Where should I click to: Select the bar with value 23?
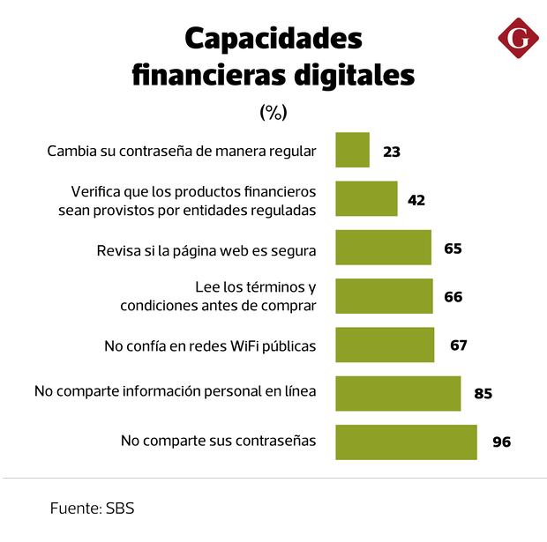pyautogui.click(x=352, y=151)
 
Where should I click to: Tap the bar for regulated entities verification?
pyautogui.click(x=366, y=199)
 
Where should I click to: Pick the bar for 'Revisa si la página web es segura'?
pyautogui.click(x=383, y=248)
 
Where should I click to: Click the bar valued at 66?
pyautogui.click(x=384, y=296)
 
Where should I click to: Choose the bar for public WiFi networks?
pyautogui.click(x=385, y=345)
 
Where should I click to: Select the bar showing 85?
pyautogui.click(x=398, y=393)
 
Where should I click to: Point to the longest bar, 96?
pyautogui.click(x=406, y=442)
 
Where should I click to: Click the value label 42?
pyautogui.click(x=416, y=200)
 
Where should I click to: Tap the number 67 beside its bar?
pyautogui.click(x=458, y=345)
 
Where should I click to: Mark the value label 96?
pyautogui.click(x=502, y=442)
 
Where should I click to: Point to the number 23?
pyautogui.click(x=392, y=152)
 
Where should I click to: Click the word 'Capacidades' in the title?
pyautogui.click(x=273, y=39)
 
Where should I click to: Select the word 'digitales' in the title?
pyautogui.click(x=356, y=76)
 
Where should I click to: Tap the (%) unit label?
pyautogui.click(x=273, y=112)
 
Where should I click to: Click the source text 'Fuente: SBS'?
pyautogui.click(x=92, y=509)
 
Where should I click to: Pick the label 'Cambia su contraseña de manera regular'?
pyautogui.click(x=181, y=151)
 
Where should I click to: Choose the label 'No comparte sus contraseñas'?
pyautogui.click(x=218, y=441)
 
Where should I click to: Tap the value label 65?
pyautogui.click(x=453, y=248)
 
